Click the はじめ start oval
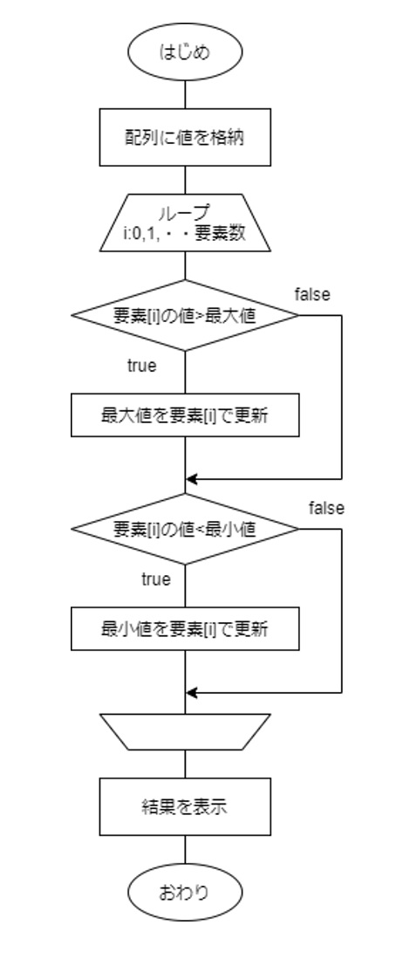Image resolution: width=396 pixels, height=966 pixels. [185, 52]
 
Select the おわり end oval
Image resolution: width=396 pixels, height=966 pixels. [185, 892]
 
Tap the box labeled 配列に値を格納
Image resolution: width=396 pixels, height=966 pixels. [185, 137]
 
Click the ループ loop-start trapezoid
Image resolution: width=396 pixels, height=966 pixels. [185, 223]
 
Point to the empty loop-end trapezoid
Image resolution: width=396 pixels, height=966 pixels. [185, 731]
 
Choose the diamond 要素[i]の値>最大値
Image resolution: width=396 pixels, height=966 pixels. [185, 315]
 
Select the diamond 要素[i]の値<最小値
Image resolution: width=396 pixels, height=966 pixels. [185, 529]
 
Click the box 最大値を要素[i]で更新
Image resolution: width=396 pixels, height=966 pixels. [185, 416]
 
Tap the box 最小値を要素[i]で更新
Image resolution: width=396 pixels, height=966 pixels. [185, 629]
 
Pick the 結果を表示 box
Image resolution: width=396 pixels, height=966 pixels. [185, 806]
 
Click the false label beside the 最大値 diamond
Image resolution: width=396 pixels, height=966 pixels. [312, 294]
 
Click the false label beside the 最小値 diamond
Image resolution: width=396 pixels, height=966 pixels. [326, 508]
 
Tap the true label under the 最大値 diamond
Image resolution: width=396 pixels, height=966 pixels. [141, 366]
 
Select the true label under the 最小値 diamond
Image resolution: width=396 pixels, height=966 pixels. [156, 579]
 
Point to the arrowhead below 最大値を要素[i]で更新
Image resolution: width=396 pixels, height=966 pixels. [191, 479]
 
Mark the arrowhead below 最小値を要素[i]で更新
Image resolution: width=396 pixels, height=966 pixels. [191, 693]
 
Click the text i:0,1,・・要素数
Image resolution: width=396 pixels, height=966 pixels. [185, 234]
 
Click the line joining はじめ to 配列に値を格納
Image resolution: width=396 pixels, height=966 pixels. [185, 95]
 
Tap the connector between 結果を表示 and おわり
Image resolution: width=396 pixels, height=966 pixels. [185, 850]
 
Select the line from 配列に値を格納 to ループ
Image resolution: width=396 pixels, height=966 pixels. [185, 181]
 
